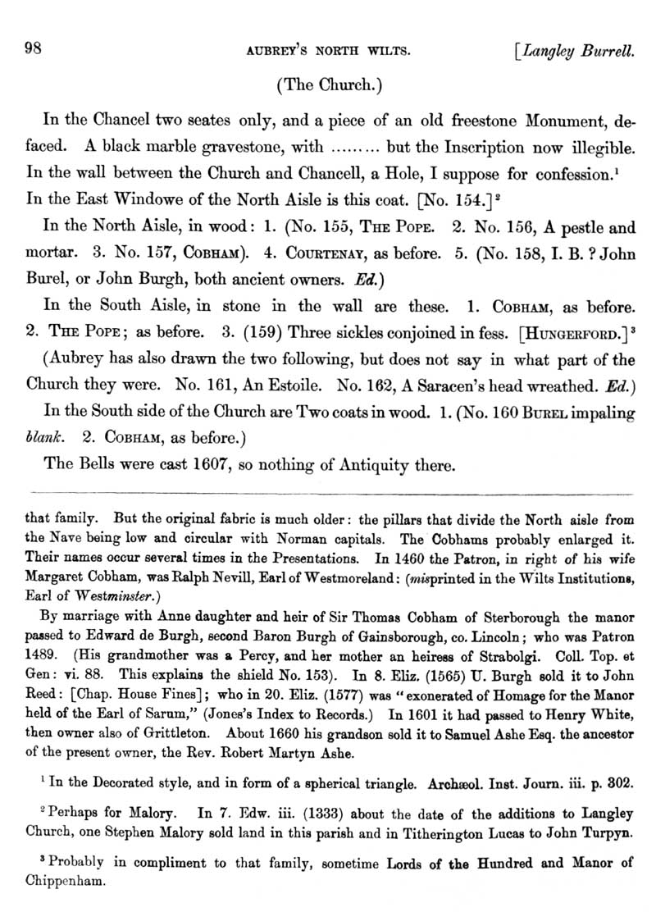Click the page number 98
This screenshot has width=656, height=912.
pos(35,47)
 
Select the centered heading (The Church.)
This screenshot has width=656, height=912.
pos(330,83)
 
